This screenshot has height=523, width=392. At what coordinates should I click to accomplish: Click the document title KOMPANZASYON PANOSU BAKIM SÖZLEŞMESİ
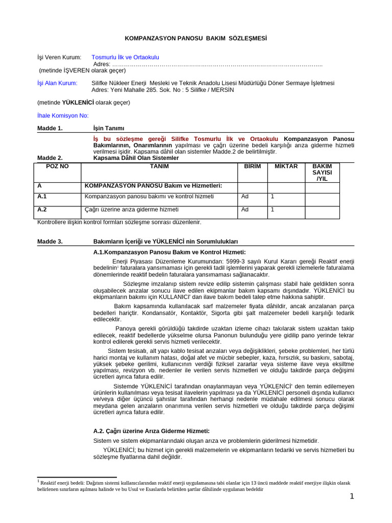tap(196, 38)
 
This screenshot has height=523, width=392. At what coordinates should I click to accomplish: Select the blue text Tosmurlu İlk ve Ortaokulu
tap(125, 57)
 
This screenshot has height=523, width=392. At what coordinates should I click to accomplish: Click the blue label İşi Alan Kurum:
tap(57, 83)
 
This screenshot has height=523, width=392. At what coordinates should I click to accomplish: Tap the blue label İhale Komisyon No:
tap(63, 115)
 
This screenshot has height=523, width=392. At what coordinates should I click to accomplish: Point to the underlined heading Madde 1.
tap(50, 128)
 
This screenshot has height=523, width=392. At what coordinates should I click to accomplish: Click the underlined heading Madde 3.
tap(50, 241)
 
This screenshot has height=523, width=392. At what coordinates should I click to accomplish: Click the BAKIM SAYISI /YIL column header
tap(322, 173)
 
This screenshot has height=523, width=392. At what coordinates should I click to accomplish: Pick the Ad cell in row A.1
tap(245, 197)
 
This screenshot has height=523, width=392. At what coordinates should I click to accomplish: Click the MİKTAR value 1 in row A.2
tap(273, 209)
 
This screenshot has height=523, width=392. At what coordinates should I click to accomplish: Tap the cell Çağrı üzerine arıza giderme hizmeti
tap(131, 209)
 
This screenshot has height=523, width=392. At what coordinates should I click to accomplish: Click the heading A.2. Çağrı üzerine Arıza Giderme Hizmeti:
tap(152, 431)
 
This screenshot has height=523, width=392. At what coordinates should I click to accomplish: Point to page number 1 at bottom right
tap(352, 496)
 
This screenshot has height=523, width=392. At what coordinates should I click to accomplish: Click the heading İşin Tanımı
tap(109, 128)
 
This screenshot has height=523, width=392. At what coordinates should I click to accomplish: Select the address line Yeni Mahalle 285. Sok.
tap(162, 89)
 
